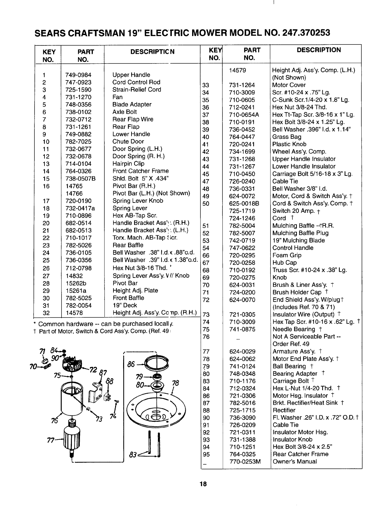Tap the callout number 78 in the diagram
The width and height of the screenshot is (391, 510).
point(175,383)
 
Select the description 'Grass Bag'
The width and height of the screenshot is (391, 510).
point(287,137)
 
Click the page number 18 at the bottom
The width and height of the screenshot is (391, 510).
point(203,484)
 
